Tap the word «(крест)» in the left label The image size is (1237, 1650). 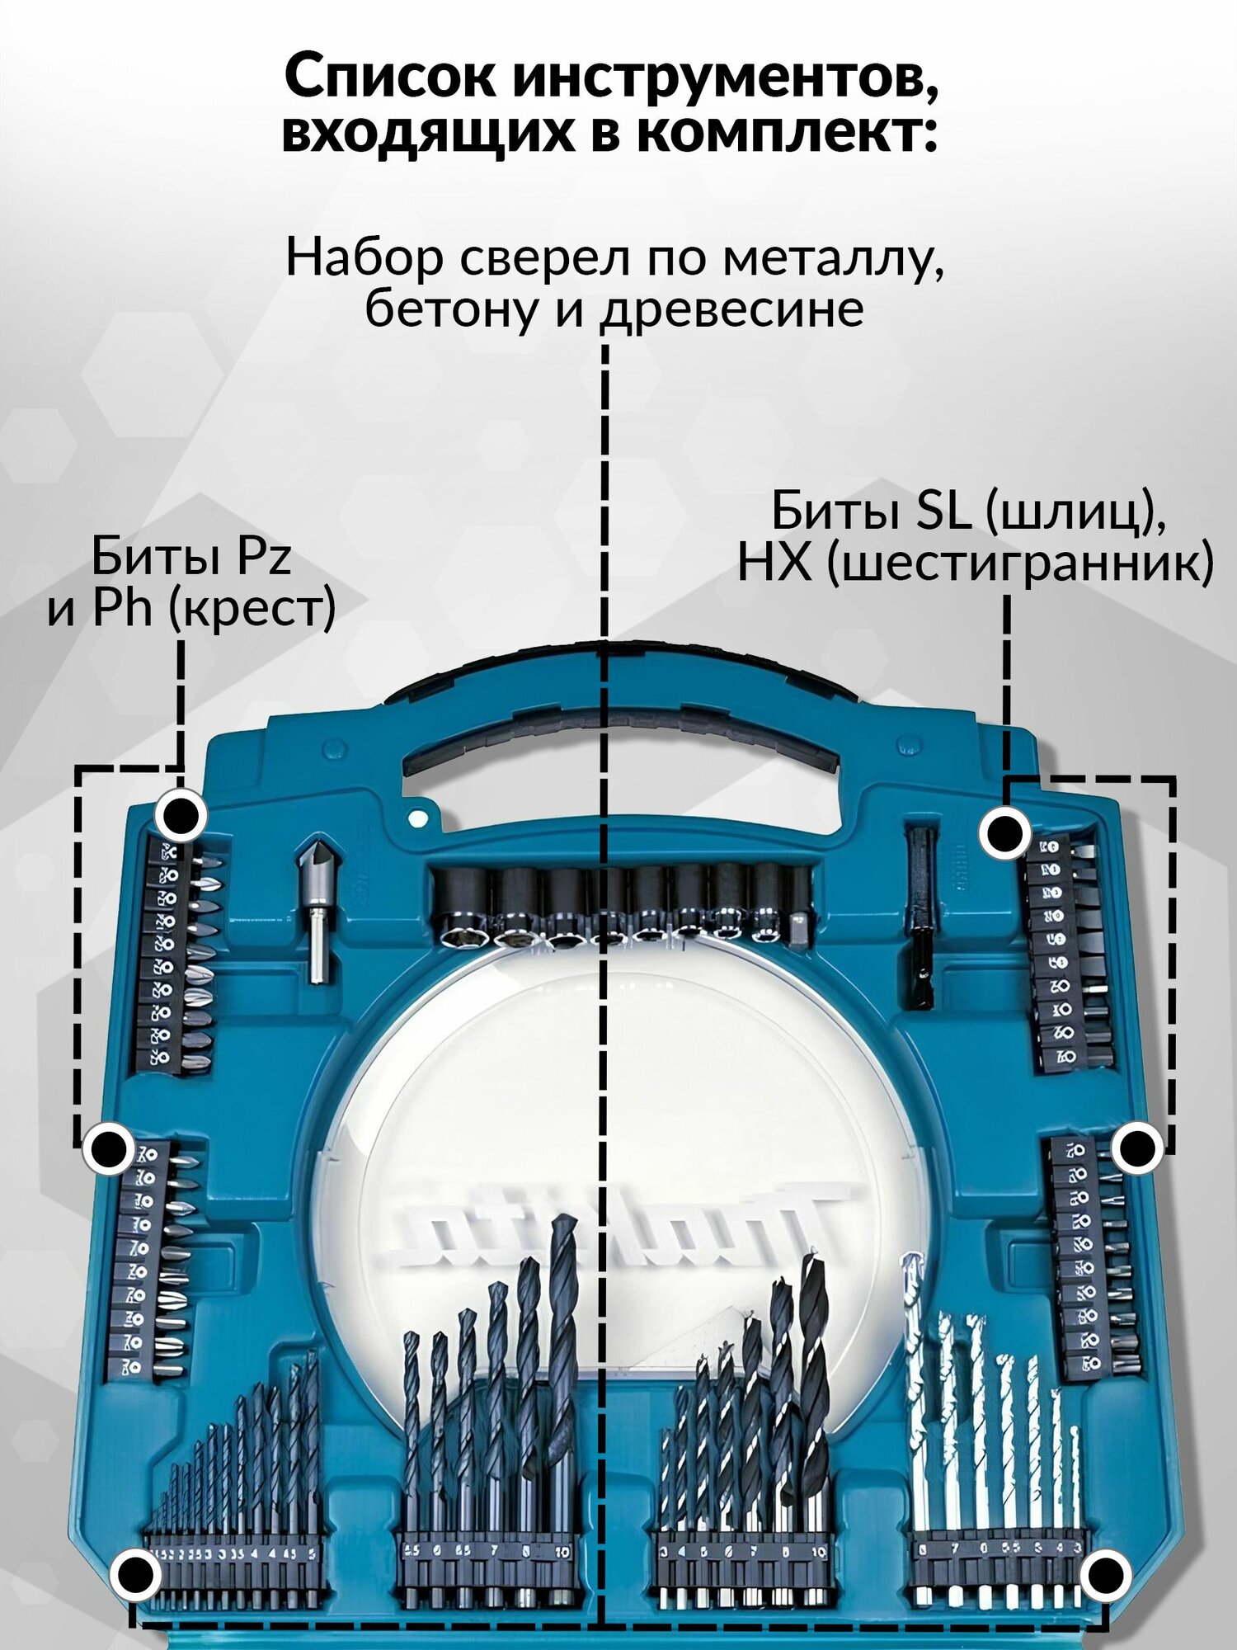click(x=252, y=609)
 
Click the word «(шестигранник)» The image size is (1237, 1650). click(x=1021, y=564)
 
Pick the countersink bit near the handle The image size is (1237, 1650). click(x=317, y=907)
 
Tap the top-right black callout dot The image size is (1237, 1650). click(x=1004, y=834)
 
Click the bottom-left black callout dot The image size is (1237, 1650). click(x=136, y=1574)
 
